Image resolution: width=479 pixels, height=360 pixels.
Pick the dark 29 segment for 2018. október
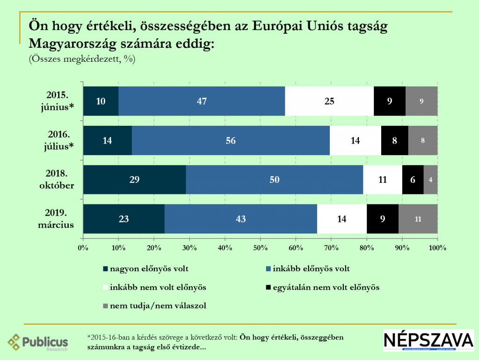[135, 180]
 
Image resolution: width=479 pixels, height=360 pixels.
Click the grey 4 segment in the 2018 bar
[430, 180]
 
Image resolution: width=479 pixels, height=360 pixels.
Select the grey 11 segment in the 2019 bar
[418, 219]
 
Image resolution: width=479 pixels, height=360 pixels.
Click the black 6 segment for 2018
[413, 180]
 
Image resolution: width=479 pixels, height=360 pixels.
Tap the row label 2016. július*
[58, 140]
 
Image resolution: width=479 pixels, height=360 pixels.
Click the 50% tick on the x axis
[260, 247]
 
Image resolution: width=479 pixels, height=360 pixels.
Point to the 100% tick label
[437, 247]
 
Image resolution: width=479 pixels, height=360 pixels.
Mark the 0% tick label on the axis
[83, 247]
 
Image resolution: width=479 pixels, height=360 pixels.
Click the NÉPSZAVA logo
[428, 340]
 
